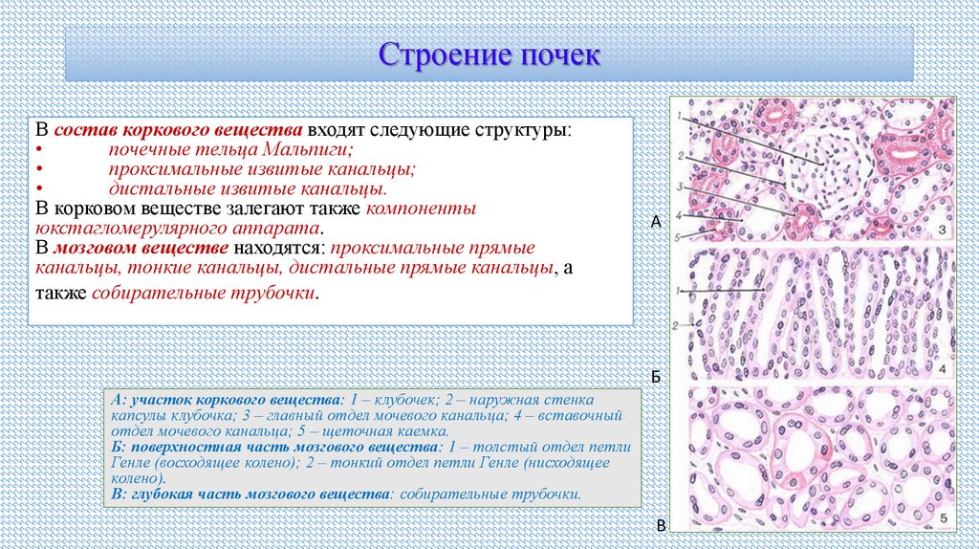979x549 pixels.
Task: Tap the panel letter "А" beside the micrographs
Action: click(656, 222)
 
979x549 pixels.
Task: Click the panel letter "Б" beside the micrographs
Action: click(656, 377)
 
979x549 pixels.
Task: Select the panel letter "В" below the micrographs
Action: click(660, 527)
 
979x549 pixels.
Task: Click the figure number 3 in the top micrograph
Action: click(941, 231)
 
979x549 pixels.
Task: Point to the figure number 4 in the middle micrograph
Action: click(941, 369)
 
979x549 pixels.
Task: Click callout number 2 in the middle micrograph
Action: click(676, 326)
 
